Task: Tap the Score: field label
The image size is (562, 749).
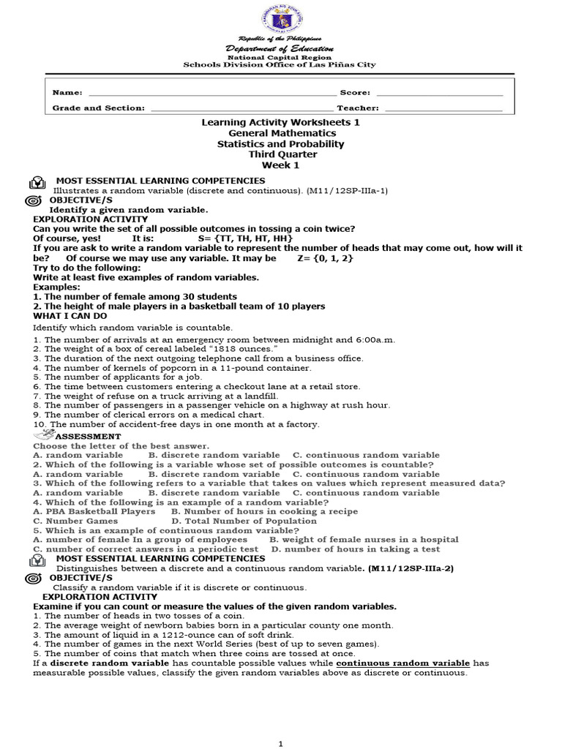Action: pos(355,93)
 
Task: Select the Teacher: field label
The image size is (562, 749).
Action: pos(359,108)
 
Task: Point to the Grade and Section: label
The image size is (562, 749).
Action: pos(99,108)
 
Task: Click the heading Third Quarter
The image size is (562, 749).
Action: pos(282,154)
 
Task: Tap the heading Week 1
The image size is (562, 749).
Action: pos(282,165)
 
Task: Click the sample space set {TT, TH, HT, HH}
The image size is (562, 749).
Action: pos(252,238)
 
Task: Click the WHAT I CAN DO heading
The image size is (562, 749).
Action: pos(70,315)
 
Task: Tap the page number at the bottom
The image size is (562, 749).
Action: pos(281,743)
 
